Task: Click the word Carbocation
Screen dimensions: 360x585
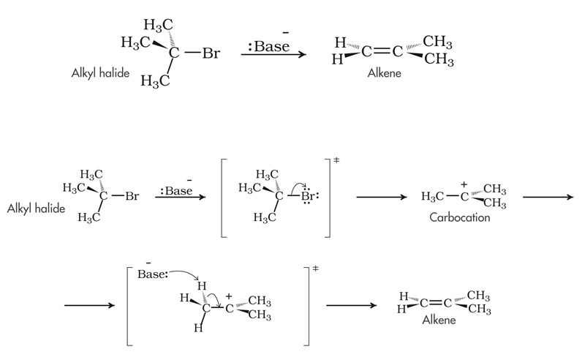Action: coord(459,218)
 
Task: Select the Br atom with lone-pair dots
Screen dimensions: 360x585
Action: coord(307,195)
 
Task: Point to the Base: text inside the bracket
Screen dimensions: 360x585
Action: coord(153,276)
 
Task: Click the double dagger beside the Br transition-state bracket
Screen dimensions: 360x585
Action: coord(336,160)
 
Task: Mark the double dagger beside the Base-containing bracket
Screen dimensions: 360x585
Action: coord(315,269)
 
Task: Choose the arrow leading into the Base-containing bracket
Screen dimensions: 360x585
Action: coord(89,305)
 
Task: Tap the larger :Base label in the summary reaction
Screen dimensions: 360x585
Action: coord(269,47)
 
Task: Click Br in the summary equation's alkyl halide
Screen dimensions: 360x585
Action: coord(211,53)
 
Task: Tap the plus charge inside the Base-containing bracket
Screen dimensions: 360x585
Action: coord(229,296)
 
